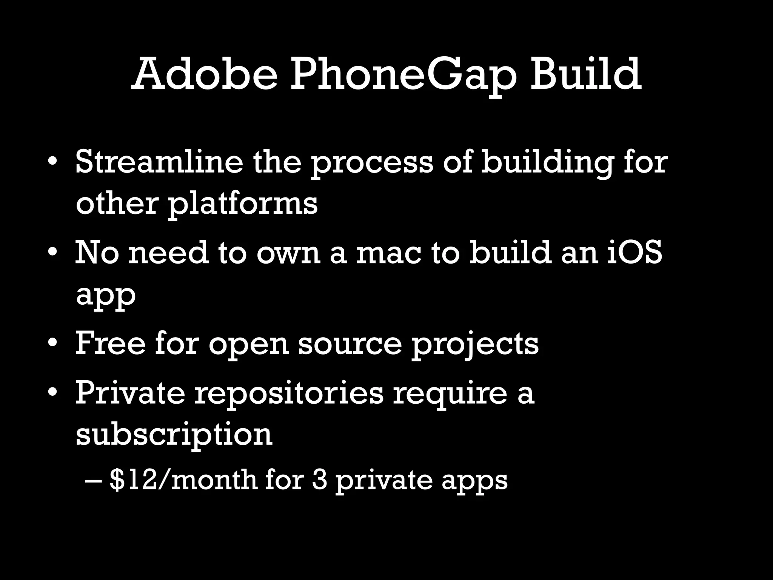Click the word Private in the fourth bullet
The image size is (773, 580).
130,393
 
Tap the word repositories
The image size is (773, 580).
289,395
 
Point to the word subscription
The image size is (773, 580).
174,436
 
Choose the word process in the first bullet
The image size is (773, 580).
372,164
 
